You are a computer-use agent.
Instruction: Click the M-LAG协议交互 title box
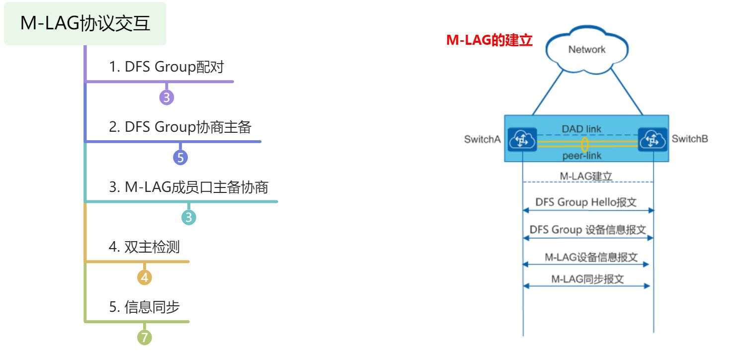click(x=85, y=23)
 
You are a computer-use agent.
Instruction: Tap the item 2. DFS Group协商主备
click(x=180, y=128)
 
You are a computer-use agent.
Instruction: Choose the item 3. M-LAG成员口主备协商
click(x=188, y=188)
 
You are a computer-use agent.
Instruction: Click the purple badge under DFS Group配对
click(x=166, y=97)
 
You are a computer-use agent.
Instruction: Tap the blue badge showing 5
click(x=180, y=158)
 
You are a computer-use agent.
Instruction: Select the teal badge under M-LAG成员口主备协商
click(x=188, y=217)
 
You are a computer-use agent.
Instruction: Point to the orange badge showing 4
click(x=144, y=277)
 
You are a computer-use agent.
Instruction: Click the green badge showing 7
click(x=144, y=338)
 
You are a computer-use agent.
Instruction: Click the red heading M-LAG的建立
click(x=490, y=41)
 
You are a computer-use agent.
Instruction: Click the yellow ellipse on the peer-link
click(x=585, y=145)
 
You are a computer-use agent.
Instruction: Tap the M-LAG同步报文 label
click(x=587, y=279)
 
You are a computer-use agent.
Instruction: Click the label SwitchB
click(x=690, y=139)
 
